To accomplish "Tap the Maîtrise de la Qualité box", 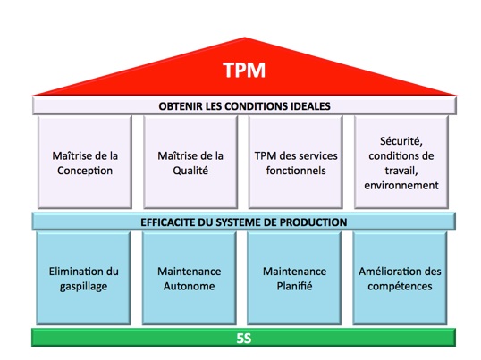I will coord(189,162).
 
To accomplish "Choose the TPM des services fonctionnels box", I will coord(295,162).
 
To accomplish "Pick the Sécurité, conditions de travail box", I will coord(401,162).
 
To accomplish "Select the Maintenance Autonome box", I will coord(189,278).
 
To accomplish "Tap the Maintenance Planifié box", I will coord(295,278).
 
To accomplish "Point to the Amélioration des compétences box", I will coord(401,278).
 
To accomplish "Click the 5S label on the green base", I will coord(244,338).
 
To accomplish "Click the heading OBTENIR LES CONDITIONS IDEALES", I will coord(244,105).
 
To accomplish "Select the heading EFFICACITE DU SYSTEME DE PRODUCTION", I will coord(244,222).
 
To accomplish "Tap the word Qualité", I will coord(190,171).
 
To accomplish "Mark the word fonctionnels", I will coord(295,171).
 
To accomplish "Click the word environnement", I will coord(401,186).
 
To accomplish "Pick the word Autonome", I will coord(189,286).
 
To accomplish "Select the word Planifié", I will coord(295,286).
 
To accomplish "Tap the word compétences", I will coord(401,286).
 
